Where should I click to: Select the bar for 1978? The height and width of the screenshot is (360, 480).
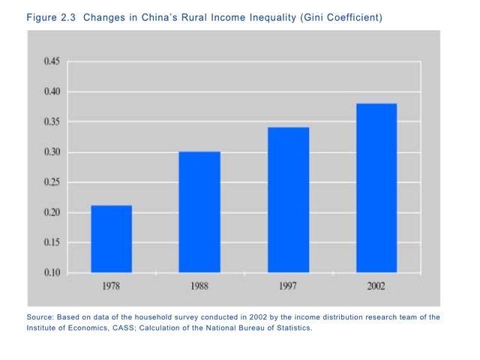[111, 238]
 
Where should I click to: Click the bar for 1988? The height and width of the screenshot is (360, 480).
[199, 211]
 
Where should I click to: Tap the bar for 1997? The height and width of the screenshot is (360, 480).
[288, 199]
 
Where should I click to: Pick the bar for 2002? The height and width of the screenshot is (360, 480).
[376, 187]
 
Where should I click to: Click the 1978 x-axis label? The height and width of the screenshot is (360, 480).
[111, 286]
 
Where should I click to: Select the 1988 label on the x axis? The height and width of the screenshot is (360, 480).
[199, 286]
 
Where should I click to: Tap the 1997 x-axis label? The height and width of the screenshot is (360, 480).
[288, 286]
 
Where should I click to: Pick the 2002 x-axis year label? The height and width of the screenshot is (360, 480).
[376, 286]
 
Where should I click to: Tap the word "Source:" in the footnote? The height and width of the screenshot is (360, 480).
[42, 317]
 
